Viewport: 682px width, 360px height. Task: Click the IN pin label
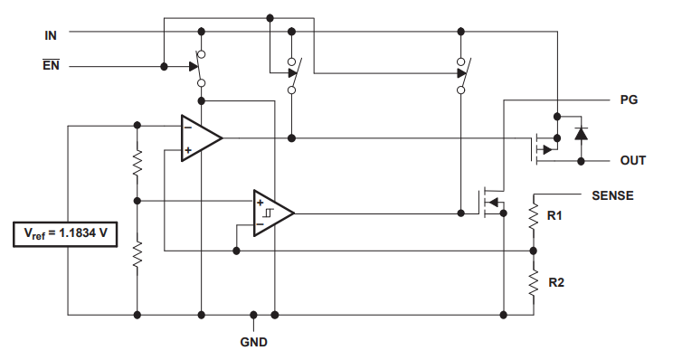tap(51, 35)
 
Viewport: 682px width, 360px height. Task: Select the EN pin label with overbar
tap(51, 65)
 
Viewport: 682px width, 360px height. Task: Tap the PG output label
tap(629, 100)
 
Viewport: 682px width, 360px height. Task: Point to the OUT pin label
tap(633, 160)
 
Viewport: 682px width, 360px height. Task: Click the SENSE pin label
tap(612, 195)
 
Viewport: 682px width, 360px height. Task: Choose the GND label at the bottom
tap(253, 342)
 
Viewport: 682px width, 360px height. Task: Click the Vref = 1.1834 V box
tap(65, 234)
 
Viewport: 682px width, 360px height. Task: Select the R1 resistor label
tap(554, 215)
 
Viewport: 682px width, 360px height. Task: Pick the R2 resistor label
tap(556, 282)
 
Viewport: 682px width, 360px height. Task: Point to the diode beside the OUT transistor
tap(581, 134)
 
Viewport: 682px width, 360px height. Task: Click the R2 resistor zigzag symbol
tap(534, 282)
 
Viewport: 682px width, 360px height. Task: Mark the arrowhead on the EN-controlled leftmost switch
tap(194, 67)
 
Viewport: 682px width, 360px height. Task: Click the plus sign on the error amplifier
tap(188, 150)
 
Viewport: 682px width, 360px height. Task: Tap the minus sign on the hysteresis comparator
tap(260, 224)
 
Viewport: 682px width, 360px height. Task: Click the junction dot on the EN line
tap(164, 67)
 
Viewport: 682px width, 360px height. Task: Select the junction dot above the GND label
tap(253, 315)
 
